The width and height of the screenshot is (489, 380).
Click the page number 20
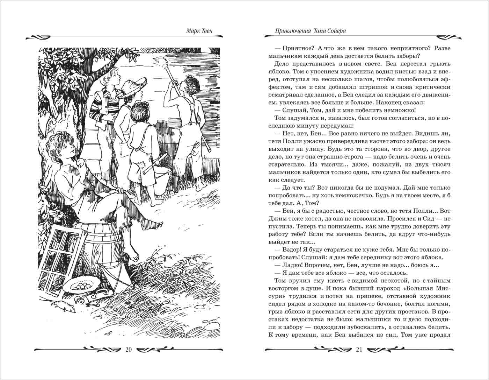point(128,350)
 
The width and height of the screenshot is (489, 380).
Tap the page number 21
point(359,350)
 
